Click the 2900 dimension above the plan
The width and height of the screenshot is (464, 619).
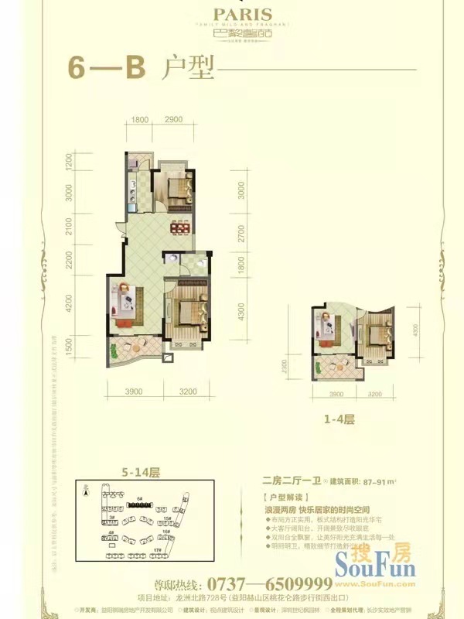173,118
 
